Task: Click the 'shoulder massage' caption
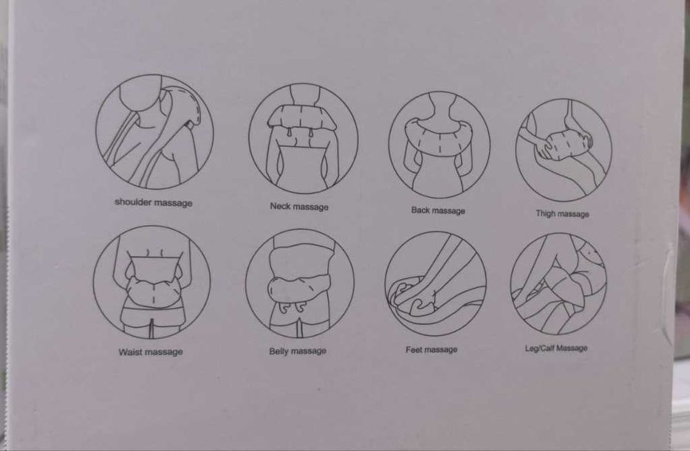point(154,203)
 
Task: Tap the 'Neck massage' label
point(299,206)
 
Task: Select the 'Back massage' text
point(438,210)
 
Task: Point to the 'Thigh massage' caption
point(562,213)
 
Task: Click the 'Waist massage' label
point(150,352)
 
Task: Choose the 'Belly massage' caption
point(298,351)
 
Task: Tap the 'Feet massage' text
point(432,350)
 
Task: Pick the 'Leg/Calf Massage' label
point(556,348)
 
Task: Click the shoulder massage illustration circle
point(96,132)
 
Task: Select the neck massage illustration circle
point(249,139)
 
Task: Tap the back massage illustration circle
point(389,145)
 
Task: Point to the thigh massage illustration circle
point(516,150)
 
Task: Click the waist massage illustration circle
point(93,282)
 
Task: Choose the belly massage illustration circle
point(246,283)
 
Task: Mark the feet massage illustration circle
point(385,284)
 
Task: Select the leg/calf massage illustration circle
point(511,284)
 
